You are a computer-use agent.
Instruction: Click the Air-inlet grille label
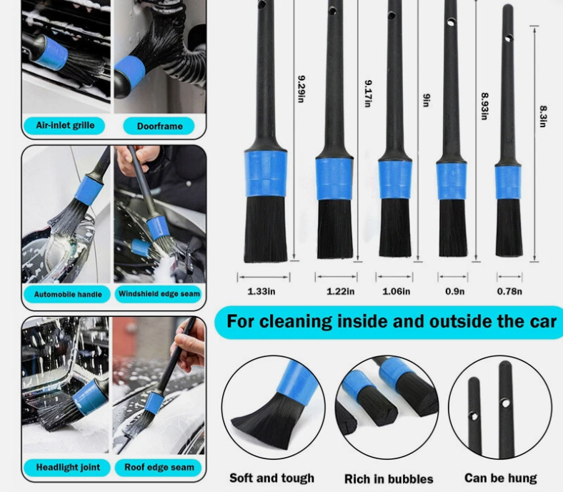pos(65,126)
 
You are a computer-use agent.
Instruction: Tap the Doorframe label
pos(159,127)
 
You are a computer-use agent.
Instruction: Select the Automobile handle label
pos(68,294)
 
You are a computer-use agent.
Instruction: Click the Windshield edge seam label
pos(159,294)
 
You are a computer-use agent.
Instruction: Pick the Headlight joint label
pos(68,467)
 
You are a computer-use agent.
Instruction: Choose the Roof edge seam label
pos(159,467)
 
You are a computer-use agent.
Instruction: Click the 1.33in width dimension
pos(261,291)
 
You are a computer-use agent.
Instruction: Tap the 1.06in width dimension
pos(397,291)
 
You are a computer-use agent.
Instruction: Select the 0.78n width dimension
pos(509,291)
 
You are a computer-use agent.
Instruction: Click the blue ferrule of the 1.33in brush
pos(266,174)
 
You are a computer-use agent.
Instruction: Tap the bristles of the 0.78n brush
pos(509,227)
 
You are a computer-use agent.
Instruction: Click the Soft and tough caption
pos(271,478)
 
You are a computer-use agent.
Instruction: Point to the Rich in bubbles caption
pos(389,478)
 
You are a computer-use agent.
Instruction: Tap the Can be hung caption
pos(500,478)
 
